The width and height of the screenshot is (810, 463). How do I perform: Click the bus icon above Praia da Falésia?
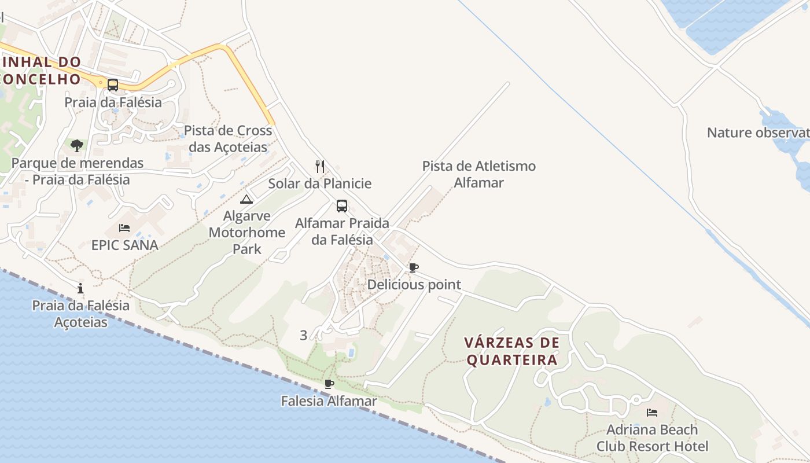pos(113,85)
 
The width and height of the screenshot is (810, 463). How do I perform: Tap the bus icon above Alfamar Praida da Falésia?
pos(342,205)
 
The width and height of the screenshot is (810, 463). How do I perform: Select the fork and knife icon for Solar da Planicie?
pos(320,167)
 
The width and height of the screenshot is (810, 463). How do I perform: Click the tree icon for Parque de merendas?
pos(76,145)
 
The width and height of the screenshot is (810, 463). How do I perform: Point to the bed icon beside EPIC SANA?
pos(124,227)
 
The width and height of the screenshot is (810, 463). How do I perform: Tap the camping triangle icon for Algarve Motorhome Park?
pos(246,200)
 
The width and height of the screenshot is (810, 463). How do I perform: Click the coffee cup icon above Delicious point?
pos(413,267)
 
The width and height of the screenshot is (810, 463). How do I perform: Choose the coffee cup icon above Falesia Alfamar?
pos(329,384)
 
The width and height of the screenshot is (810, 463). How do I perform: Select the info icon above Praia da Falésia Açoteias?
pos(80,288)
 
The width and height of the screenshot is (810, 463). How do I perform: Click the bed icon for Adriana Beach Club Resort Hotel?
pos(652,413)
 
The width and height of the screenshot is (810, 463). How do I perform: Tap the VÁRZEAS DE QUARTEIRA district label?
pos(512,351)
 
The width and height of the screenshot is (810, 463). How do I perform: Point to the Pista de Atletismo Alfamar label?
pos(478,174)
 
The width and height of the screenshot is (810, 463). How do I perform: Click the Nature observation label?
pos(758,133)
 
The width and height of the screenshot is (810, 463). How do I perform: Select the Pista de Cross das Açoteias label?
pos(228,138)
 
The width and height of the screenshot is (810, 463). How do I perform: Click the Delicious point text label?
pos(414,285)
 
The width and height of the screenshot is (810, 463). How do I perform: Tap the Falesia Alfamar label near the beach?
pos(329,400)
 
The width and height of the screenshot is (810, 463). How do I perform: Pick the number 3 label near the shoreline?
pos(304,335)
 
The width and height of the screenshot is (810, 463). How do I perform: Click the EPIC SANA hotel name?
pos(124,245)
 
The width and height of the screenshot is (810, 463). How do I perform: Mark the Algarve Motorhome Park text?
pos(246,233)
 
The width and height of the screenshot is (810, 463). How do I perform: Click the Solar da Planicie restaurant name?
pos(319,184)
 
